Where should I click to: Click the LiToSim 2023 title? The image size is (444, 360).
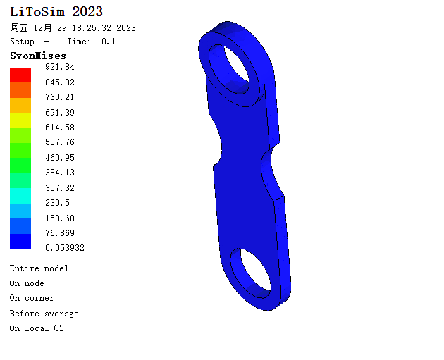click(x=56, y=12)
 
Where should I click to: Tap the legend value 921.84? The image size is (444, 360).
click(x=60, y=67)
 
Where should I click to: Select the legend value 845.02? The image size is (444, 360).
click(x=60, y=82)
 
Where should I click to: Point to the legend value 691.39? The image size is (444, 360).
click(x=60, y=112)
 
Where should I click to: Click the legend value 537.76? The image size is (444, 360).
click(x=60, y=142)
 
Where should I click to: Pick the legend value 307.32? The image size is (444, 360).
click(x=60, y=187)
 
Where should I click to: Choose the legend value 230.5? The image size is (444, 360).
click(x=57, y=203)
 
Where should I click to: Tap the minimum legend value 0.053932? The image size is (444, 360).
click(x=65, y=248)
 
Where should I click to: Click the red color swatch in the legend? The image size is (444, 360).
click(x=20, y=75)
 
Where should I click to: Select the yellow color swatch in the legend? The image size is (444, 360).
click(x=20, y=120)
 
